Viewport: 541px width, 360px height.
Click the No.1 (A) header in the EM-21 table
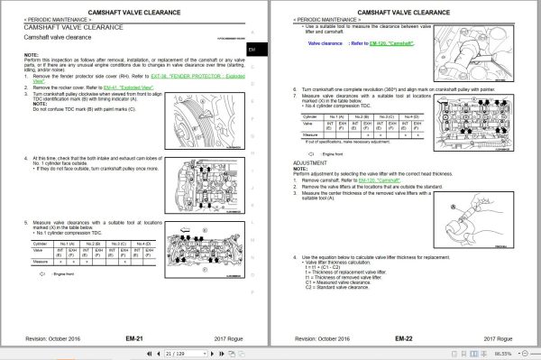(x=67, y=244)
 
